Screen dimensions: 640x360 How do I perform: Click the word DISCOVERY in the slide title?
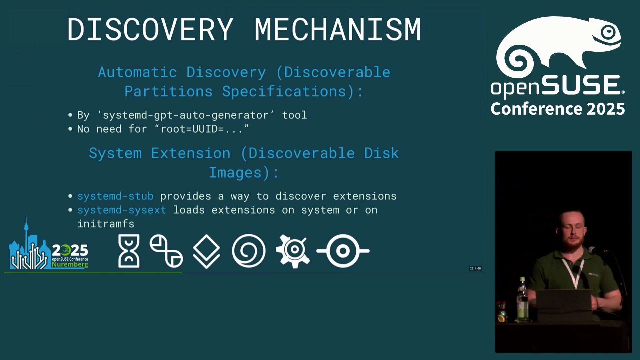point(150,29)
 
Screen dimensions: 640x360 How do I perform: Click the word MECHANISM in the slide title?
point(338,29)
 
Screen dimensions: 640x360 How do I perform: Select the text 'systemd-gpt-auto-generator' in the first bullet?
point(186,115)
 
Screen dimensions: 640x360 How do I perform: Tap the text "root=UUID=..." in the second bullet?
point(202,129)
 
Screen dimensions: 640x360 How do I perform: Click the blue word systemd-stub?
point(115,196)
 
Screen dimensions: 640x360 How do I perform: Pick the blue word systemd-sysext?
point(122,210)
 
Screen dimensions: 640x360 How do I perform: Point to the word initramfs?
point(106,224)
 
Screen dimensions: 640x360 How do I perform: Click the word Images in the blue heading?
point(235,173)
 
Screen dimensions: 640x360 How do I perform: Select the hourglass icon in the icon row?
point(129,251)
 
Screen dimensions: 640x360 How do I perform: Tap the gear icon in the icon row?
point(293,251)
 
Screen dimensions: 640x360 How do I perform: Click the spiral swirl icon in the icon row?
point(249,251)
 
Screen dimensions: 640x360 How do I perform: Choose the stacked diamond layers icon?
point(206,251)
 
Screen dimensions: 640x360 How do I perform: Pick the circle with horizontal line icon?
point(343,251)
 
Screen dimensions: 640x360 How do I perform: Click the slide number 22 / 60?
point(475,268)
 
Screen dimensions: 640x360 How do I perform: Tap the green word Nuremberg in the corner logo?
point(70,265)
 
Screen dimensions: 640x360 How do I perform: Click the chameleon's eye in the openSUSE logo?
point(609,32)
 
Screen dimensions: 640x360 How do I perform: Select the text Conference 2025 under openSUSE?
point(558,109)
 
